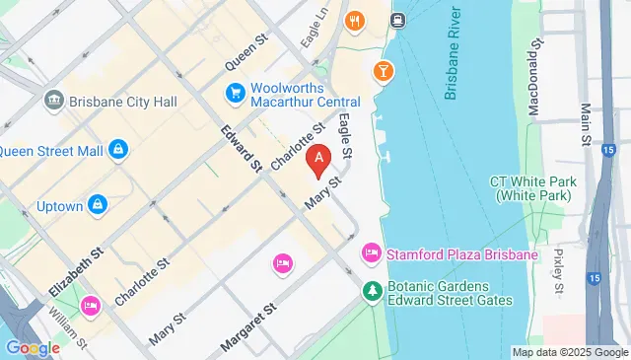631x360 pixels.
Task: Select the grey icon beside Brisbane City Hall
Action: pos(54,101)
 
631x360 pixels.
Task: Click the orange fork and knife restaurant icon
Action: pos(354,20)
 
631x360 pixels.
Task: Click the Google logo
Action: pos(33,347)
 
